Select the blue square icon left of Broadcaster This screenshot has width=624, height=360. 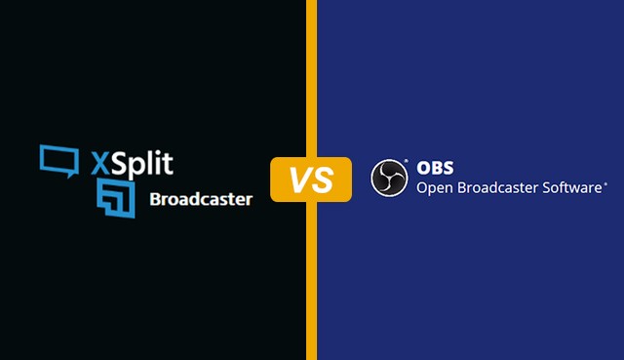[x=116, y=198]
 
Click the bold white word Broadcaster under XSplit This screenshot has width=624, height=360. [x=201, y=199]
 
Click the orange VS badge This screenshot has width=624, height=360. [x=311, y=180]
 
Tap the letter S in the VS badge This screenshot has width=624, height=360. [x=324, y=180]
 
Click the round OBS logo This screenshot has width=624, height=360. [x=389, y=179]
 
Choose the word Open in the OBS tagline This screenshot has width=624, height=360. [x=435, y=187]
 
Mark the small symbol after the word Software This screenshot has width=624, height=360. [x=605, y=182]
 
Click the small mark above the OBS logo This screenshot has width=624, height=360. [x=404, y=160]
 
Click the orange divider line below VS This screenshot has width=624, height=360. [x=311, y=283]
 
